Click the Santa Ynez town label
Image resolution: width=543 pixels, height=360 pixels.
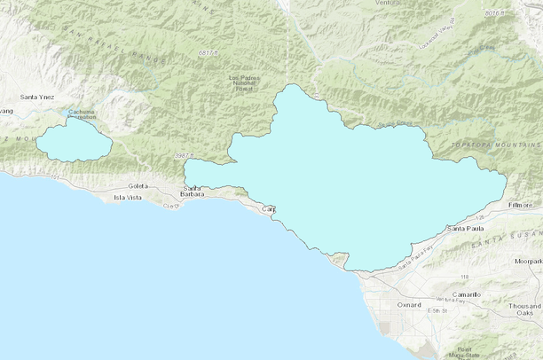click(38, 96)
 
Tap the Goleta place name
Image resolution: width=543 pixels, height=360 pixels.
click(138, 185)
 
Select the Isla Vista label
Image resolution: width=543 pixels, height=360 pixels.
click(128, 197)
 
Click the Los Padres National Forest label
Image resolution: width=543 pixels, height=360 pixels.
click(246, 83)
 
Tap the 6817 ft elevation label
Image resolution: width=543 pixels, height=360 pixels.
click(208, 53)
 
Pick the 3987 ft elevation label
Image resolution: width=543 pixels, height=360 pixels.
click(184, 155)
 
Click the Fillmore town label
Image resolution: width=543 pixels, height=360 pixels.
click(522, 205)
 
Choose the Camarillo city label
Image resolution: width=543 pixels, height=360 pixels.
click(465, 293)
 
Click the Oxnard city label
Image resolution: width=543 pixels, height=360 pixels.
click(408, 304)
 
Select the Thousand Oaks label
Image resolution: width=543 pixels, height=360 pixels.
click(524, 309)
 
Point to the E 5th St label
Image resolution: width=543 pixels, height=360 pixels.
click(438, 311)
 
